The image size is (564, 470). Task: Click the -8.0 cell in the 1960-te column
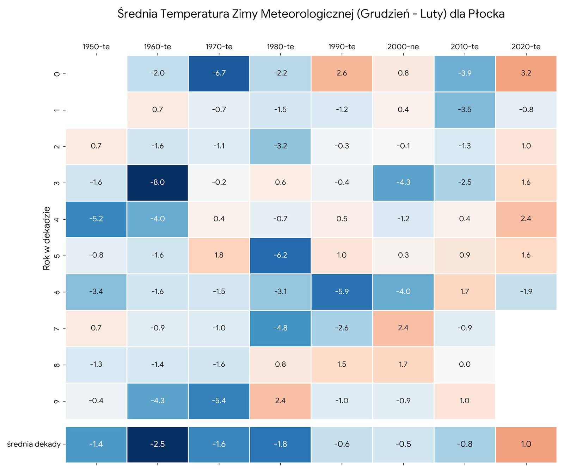(x=158, y=183)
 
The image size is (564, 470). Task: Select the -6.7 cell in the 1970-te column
(x=219, y=73)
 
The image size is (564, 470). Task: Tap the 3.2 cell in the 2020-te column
(x=526, y=73)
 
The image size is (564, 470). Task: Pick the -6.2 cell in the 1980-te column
(x=280, y=255)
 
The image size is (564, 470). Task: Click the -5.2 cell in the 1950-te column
(x=96, y=219)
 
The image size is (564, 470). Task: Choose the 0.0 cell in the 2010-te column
(x=465, y=365)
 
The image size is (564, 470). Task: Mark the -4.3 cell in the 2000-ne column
(x=403, y=183)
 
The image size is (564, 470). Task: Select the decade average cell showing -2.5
(x=158, y=444)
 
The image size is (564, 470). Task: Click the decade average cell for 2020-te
(x=526, y=444)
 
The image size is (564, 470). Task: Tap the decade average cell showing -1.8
(x=280, y=444)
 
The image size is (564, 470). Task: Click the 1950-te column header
(x=96, y=47)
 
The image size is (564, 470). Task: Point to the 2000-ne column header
(x=403, y=47)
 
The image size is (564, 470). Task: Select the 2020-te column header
(x=526, y=47)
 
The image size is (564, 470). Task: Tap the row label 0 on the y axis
(x=56, y=74)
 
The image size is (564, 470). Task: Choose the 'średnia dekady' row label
(x=34, y=444)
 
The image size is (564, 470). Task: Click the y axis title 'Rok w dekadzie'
(x=47, y=238)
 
